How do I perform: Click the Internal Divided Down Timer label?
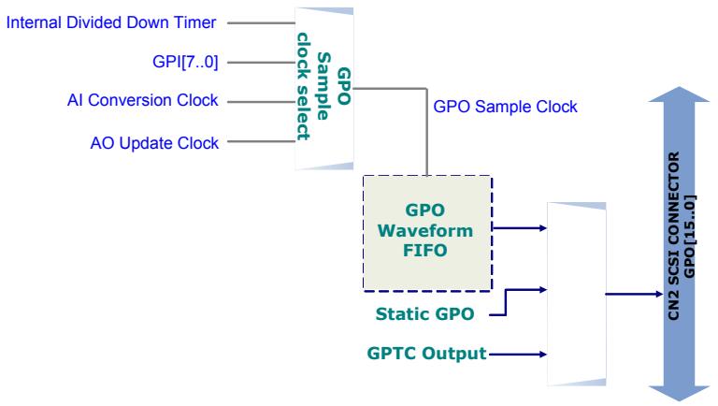coord(111,22)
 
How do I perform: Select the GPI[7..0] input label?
coord(185,62)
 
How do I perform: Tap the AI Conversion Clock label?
coord(142,100)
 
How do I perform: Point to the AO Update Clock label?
coord(154,143)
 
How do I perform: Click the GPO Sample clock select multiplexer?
coord(324,89)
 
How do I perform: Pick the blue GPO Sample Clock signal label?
coord(505,107)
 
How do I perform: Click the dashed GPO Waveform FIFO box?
coord(427,233)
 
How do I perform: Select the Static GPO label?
coord(424,314)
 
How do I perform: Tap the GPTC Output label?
coord(426,354)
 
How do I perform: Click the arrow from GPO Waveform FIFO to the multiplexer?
coord(520,227)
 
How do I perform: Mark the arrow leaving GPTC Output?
coord(518,355)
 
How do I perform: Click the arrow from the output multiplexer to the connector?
coord(634,294)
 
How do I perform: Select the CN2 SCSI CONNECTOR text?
coord(673,236)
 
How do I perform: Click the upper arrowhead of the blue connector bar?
coord(679,94)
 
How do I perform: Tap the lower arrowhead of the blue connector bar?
coord(679,393)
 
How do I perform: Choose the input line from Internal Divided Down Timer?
coord(262,22)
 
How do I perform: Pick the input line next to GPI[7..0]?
coord(262,63)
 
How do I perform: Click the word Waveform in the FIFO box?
coord(425,230)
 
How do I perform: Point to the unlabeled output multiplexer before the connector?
coord(577,294)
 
